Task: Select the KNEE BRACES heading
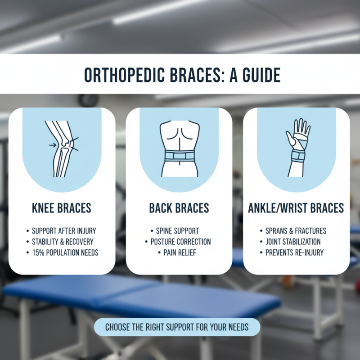click(x=62, y=208)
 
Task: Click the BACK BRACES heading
click(x=179, y=208)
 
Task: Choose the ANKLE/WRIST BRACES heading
click(x=296, y=208)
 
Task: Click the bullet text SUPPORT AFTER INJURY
click(x=64, y=231)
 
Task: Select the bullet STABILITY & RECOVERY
click(x=64, y=242)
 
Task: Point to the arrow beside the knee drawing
click(x=53, y=144)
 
